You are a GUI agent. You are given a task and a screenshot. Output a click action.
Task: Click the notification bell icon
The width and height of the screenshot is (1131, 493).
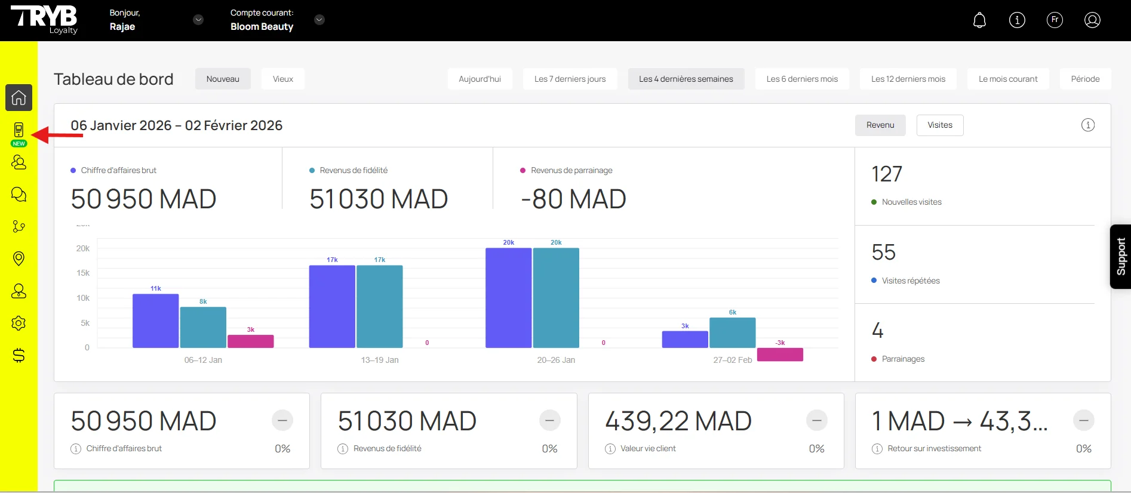[x=979, y=20]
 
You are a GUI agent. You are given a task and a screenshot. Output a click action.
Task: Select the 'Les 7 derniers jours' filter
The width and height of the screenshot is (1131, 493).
[x=570, y=79]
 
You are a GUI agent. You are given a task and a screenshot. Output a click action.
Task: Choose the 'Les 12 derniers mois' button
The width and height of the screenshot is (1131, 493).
[x=908, y=79]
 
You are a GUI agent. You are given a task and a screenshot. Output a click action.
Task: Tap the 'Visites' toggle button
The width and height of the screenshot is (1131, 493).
[x=939, y=125]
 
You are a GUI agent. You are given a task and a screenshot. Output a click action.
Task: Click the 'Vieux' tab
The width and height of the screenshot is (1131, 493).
[x=283, y=79]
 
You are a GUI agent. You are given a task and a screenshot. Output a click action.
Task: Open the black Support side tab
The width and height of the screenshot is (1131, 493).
[x=1120, y=257]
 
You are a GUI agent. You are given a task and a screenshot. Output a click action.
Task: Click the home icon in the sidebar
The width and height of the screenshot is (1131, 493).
[x=19, y=97]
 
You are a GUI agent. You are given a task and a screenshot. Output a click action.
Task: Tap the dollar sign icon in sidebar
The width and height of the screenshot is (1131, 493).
[x=19, y=356]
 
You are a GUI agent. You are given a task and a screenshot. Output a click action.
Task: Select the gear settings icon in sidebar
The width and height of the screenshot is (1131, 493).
[x=19, y=323]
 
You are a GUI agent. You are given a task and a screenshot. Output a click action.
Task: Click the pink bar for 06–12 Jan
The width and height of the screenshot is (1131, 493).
[x=251, y=341]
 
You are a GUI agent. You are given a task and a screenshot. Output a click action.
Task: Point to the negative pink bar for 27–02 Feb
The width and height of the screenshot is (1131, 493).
[x=780, y=355]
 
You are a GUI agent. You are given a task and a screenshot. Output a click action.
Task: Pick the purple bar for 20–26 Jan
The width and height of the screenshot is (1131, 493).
[x=508, y=298]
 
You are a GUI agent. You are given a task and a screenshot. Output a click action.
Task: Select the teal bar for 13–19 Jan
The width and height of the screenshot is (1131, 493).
[x=380, y=306]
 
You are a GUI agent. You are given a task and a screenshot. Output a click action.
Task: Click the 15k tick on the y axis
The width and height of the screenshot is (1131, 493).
[x=83, y=273]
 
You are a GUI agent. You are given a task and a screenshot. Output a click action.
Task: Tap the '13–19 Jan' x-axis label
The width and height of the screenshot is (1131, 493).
[x=380, y=360]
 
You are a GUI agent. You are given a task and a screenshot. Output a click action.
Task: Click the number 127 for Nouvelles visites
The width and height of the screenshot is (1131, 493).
[x=887, y=174]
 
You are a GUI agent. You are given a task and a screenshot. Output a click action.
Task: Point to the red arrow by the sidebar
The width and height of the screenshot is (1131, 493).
[x=57, y=135]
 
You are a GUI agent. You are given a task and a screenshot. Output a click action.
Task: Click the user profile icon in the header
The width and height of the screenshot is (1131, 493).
[x=1092, y=20]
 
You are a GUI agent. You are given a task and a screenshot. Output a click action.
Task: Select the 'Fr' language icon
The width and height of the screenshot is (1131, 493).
[x=1055, y=20]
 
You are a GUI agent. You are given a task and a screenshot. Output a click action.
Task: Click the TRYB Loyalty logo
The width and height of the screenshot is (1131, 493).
[x=45, y=20]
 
